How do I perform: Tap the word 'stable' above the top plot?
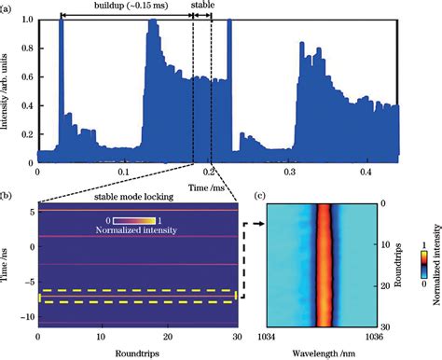point(205,6)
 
